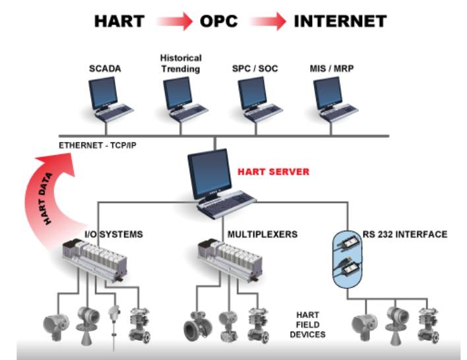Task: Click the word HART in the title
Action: coord(119,21)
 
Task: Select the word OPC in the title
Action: coord(218,21)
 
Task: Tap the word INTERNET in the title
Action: coord(340,21)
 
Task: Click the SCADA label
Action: coord(107,69)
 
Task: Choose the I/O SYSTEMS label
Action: coord(113,234)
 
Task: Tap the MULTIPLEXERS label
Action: coord(263,234)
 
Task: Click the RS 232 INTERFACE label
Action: coord(405,234)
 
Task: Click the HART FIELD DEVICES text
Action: coord(307,324)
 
